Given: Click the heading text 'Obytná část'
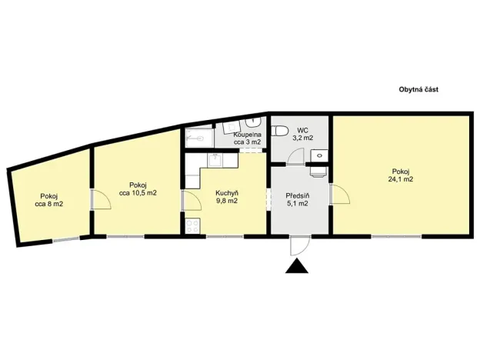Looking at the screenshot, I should click(418, 89).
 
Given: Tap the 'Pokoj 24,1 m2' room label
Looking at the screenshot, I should click(401, 175).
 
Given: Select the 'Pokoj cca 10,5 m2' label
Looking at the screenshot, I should click(138, 188).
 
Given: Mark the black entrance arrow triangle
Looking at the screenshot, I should click(296, 266).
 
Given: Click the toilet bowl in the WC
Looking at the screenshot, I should click(281, 128).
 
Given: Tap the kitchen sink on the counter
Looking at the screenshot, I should click(217, 160).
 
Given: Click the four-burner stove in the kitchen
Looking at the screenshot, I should click(192, 226).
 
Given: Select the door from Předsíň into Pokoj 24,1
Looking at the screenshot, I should click(339, 195).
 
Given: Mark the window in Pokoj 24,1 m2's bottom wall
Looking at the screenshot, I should click(396, 235).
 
